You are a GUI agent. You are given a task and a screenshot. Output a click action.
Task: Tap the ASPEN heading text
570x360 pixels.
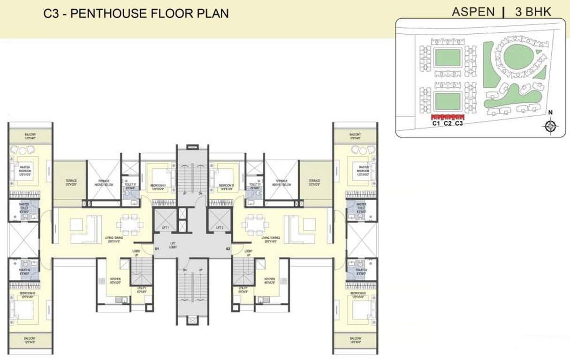point(473,12)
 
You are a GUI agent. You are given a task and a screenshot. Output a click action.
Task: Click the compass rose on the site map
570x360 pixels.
point(551,126)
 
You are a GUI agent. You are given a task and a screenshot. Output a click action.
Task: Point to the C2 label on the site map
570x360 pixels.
point(448,124)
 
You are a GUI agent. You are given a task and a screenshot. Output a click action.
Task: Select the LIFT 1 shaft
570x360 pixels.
point(165,220)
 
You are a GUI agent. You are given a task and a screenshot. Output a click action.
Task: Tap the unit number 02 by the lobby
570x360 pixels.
point(228,249)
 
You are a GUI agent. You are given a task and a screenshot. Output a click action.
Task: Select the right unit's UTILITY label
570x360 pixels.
point(243,290)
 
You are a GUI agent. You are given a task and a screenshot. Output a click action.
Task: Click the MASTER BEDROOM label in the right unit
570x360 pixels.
point(362,169)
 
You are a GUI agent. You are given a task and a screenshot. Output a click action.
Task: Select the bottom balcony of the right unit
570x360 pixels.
point(355,340)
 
